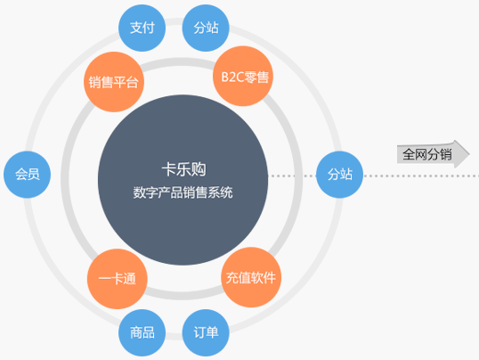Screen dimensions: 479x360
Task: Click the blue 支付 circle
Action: point(142,28)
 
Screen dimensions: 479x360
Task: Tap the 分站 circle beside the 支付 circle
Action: point(206,28)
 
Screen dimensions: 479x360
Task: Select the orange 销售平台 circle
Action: point(114,82)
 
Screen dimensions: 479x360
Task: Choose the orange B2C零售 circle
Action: point(243,76)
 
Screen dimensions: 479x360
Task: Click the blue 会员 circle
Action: point(28,175)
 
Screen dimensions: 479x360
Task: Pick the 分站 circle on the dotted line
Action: point(340,175)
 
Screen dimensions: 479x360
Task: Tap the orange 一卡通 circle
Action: point(118,279)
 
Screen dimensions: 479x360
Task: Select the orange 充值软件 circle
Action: point(251,277)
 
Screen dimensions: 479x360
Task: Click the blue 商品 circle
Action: point(142,332)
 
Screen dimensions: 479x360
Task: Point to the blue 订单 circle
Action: point(206,332)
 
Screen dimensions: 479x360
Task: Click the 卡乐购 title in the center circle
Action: point(184,169)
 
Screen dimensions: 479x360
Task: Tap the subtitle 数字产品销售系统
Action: point(183,192)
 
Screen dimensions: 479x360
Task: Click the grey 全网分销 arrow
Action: point(434,154)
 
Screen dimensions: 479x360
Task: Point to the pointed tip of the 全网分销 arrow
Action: point(469,154)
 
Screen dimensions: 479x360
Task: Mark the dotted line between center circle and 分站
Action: point(292,176)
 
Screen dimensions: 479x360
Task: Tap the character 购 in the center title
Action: point(199,169)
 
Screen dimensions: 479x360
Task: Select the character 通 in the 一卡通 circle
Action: point(129,279)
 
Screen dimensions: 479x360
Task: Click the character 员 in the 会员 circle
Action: point(34,174)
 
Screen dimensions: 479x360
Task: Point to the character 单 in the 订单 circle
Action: point(212,332)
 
